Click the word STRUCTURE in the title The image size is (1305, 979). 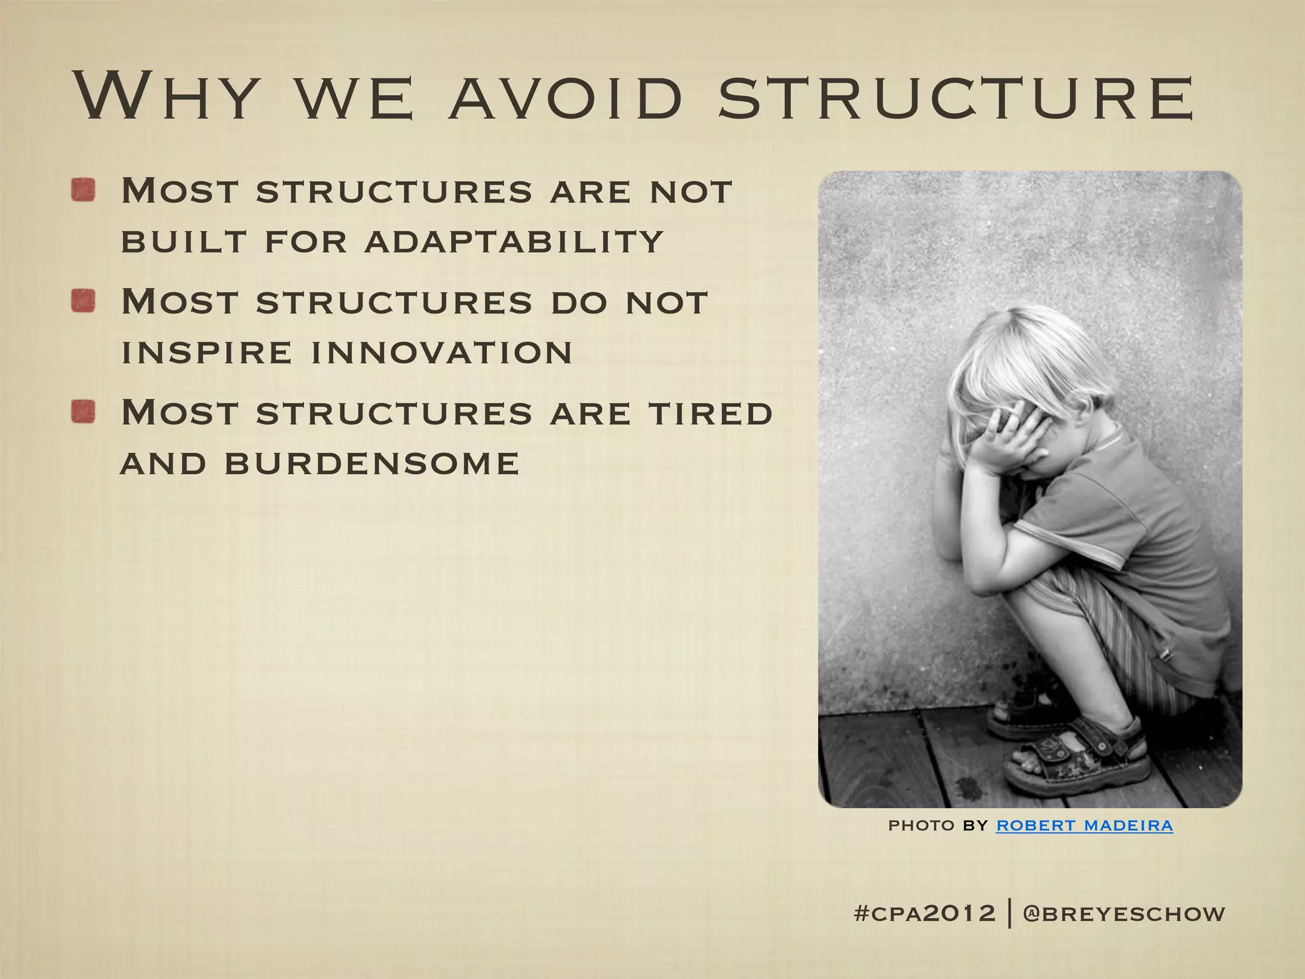click(956, 98)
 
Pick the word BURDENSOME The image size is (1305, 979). click(372, 463)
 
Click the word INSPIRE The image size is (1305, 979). click(206, 352)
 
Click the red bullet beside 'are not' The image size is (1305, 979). click(83, 190)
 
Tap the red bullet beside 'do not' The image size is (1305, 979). click(83, 301)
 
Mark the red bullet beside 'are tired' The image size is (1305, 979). click(83, 412)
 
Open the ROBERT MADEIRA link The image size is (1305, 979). click(1085, 825)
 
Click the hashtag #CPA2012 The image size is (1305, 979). click(924, 913)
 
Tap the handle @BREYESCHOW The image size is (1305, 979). click(1124, 913)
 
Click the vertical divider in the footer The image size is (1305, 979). click(1011, 913)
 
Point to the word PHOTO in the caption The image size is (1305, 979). click(921, 825)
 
